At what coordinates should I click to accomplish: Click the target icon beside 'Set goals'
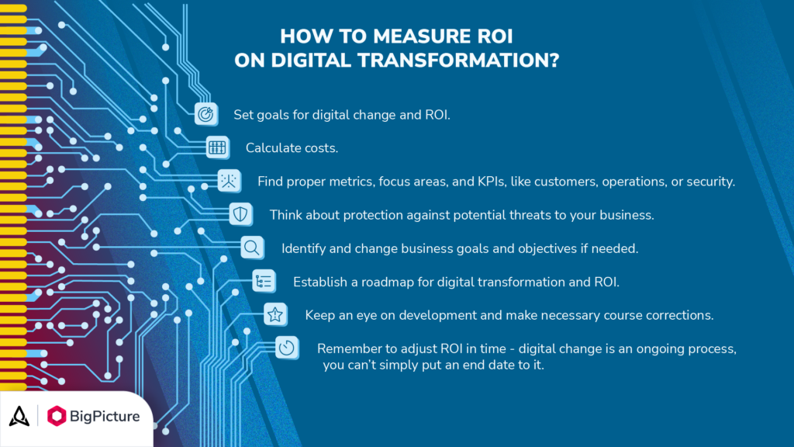205,113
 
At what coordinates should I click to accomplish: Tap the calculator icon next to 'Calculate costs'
217,147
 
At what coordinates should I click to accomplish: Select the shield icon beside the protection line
240,213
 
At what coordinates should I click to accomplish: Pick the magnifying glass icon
252,248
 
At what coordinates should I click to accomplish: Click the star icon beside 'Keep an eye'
274,314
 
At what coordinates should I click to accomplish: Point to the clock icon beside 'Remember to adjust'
287,348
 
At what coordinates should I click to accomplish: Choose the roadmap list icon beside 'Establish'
264,281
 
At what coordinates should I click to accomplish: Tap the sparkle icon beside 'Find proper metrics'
229,180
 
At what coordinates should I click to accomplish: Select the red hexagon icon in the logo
57,416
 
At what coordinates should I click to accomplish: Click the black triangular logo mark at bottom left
19,416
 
